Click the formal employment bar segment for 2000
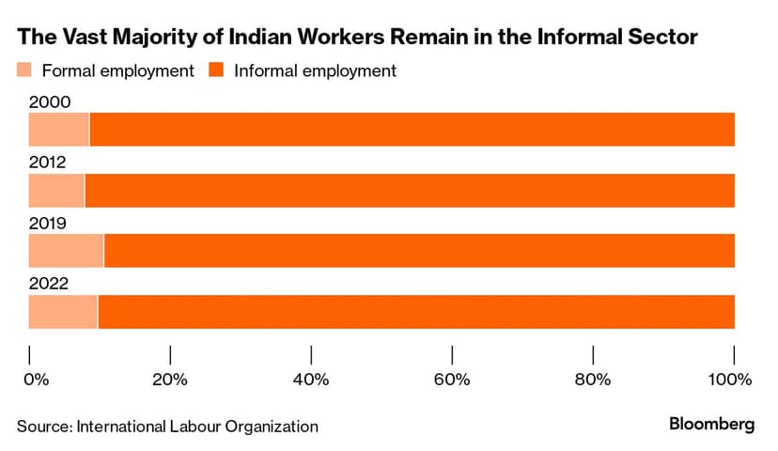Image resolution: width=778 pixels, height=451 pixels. pos(58,130)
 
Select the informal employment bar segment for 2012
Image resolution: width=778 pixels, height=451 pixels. pos(409,191)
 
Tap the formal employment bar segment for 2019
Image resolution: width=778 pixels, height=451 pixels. pos(66,252)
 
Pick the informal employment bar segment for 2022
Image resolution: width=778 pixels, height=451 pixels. pos(415,312)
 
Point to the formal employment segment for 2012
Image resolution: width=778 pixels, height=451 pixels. pos(56,191)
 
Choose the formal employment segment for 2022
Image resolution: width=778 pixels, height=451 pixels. pos(63,312)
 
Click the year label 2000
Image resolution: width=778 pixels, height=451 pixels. pos(47,101)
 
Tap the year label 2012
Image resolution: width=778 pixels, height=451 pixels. pos(47,163)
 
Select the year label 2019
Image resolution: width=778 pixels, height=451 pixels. pos(47,224)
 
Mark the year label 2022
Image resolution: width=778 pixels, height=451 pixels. pos(47,285)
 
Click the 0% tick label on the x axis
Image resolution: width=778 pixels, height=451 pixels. pos(35,380)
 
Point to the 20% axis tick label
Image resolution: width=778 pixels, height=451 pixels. pos(170,380)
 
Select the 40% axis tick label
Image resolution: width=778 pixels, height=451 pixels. pos(311,380)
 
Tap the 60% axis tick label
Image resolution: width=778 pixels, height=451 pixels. pos(452,380)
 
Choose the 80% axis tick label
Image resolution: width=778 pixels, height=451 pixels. pos(593,380)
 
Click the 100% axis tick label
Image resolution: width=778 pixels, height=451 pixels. pos(730,380)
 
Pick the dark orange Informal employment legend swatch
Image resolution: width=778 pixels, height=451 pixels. pos(216,70)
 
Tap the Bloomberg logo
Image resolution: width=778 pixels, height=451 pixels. pos(711,425)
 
